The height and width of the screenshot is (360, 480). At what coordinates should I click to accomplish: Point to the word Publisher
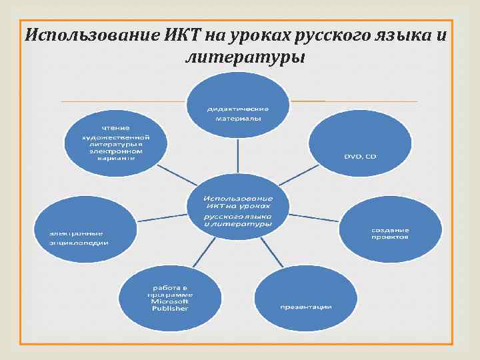coord(170,309)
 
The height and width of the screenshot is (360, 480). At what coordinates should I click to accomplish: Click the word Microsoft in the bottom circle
coord(170,301)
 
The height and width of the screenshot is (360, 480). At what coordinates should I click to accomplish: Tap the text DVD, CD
coord(360,156)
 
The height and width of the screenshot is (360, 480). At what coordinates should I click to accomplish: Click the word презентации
coord(305,307)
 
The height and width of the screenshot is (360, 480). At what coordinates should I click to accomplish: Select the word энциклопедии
coord(78,243)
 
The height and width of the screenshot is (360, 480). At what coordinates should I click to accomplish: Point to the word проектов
coord(390,237)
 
